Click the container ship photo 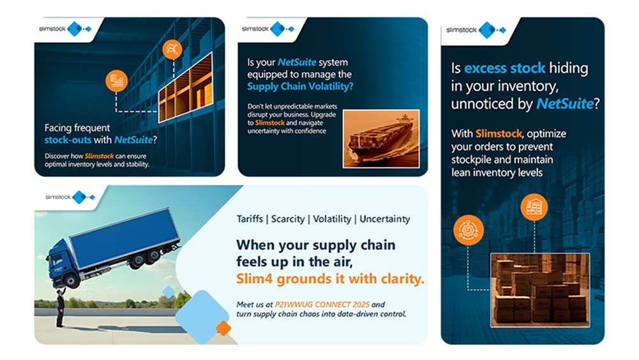381,139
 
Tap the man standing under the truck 61,307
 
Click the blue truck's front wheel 71,281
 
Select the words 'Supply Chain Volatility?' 300,86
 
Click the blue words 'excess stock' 504,68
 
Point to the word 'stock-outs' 68,140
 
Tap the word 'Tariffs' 250,219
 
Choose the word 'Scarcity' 288,219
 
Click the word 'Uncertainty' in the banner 385,219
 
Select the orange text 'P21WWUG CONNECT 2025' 322,304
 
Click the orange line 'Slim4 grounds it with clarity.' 330,279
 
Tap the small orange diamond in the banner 223,328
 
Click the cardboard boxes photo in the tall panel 540,290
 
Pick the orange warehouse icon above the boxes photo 534,207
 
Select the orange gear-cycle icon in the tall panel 469,230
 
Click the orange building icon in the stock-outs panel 117,80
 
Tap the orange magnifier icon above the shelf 172,49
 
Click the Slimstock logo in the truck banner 70,197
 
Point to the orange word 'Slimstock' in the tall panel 499,134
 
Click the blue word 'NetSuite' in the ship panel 297,63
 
